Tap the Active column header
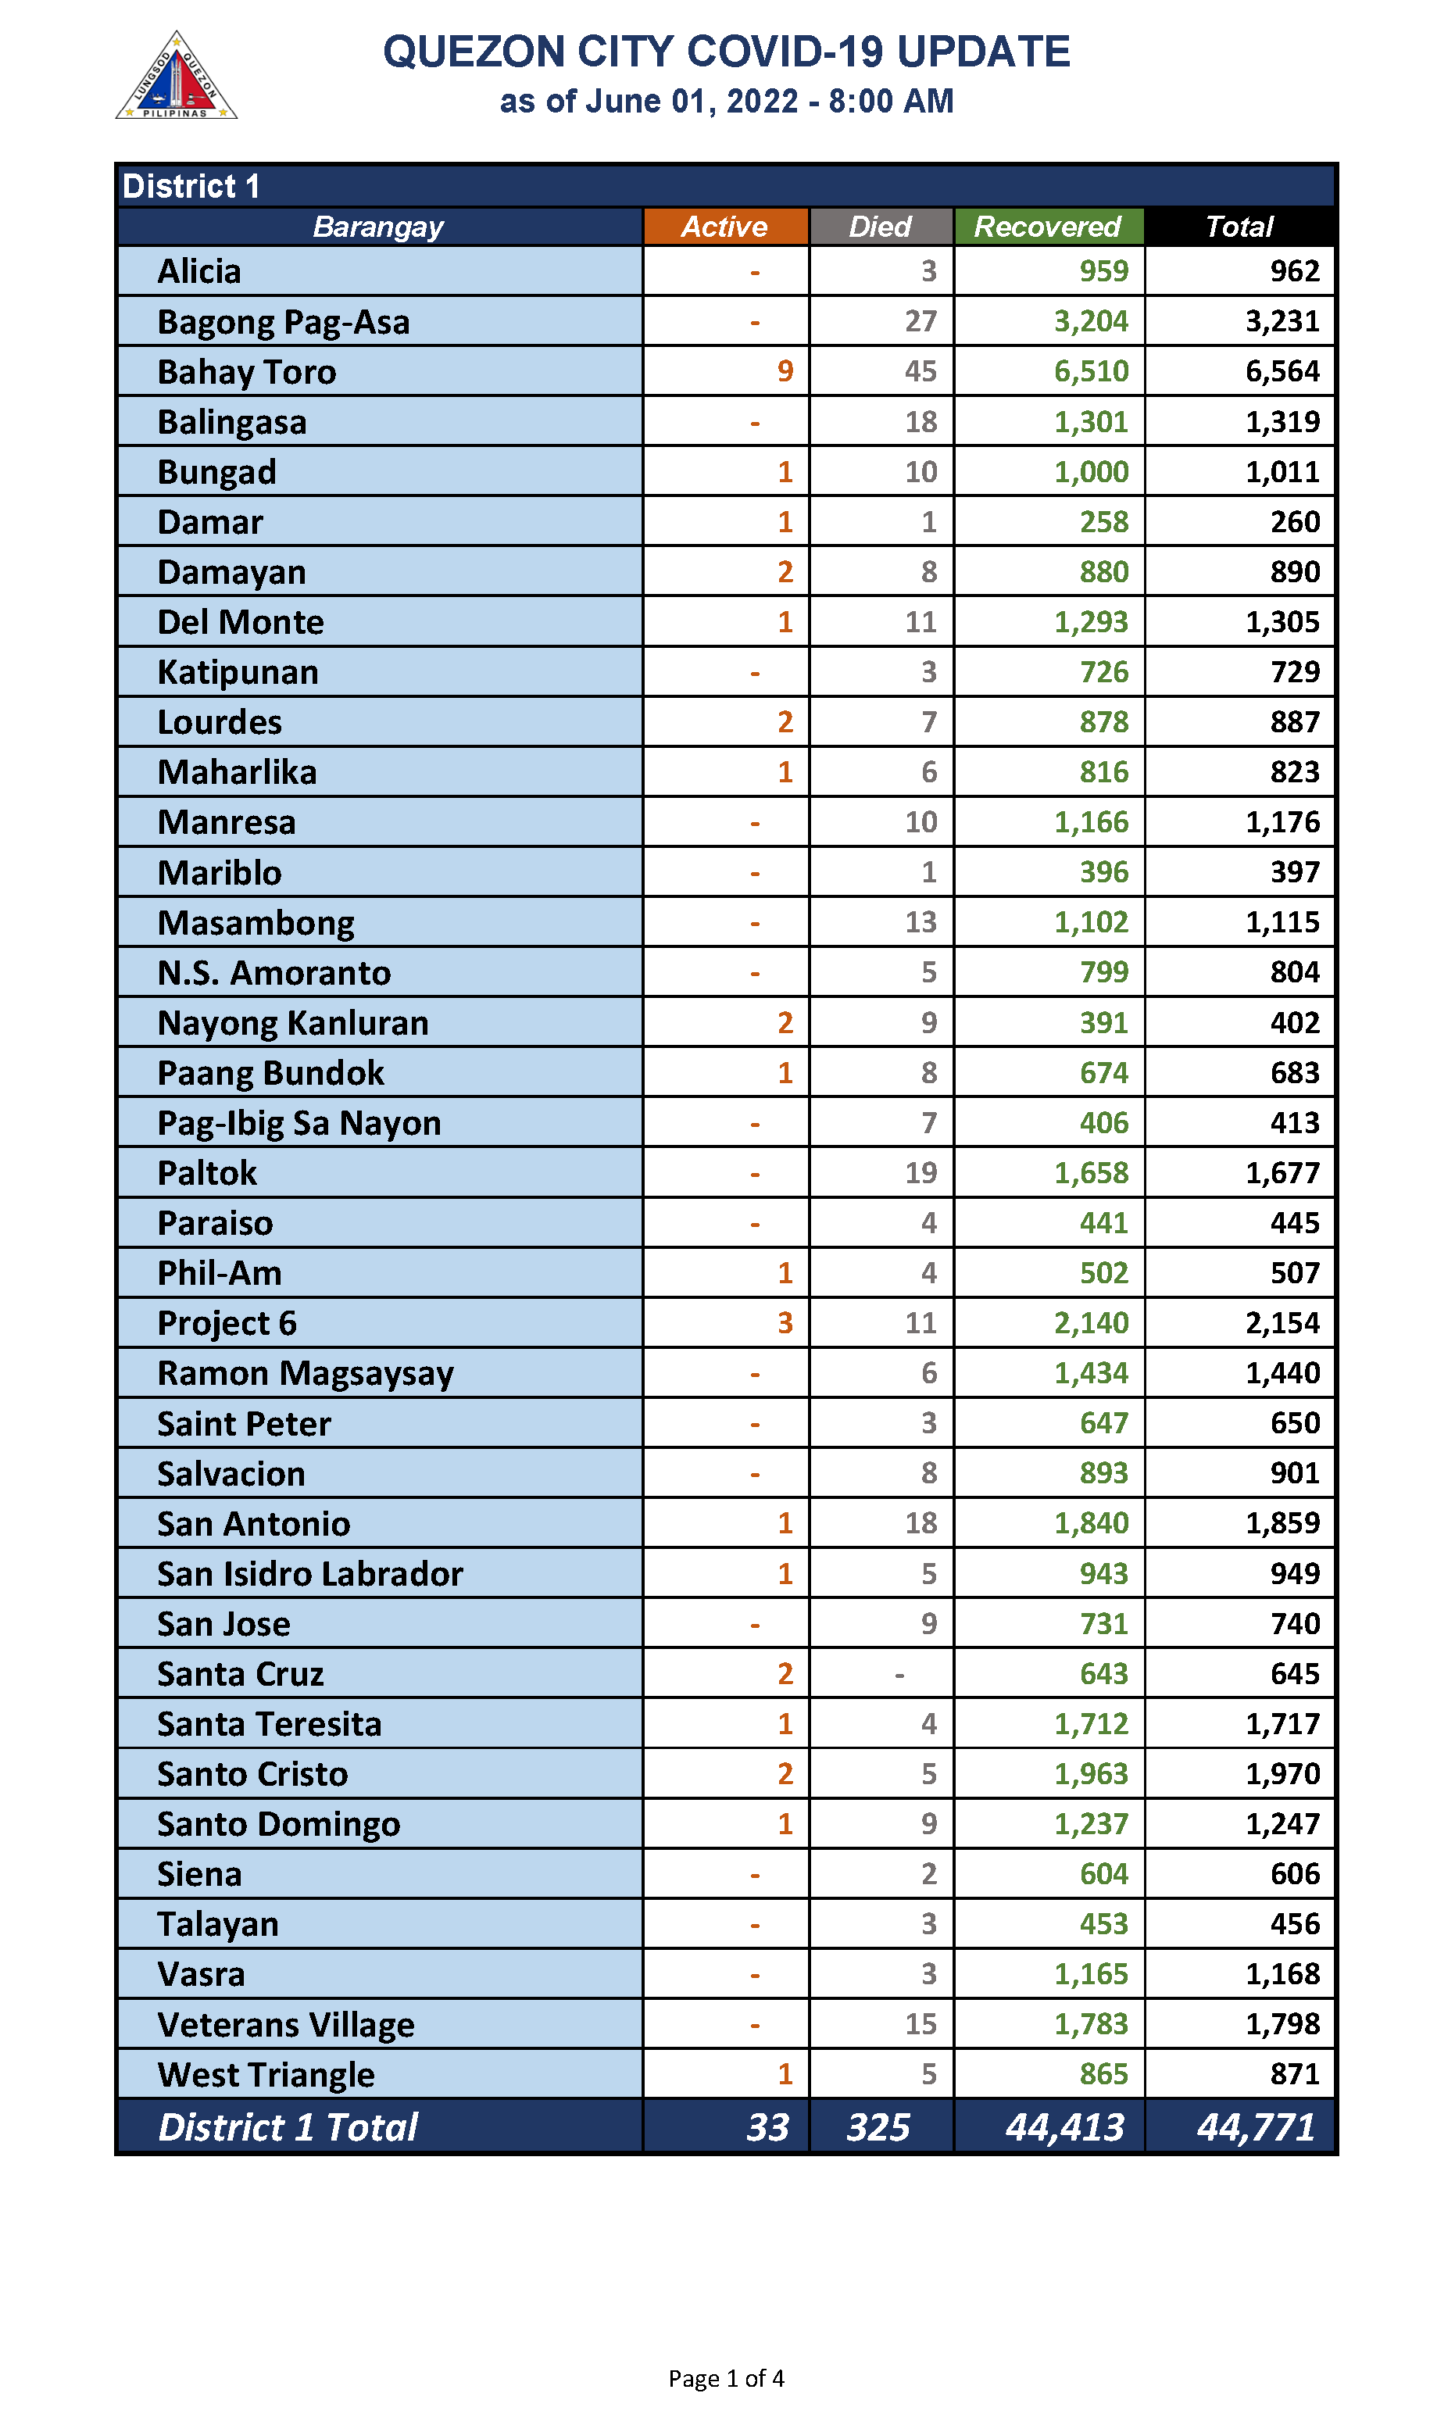coord(724,227)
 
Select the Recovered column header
coord(1047,227)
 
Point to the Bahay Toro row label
coord(247,373)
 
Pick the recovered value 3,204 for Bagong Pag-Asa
coord(1090,322)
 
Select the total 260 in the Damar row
coord(1294,521)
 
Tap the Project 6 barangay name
coord(227,1324)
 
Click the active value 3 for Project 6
coord(785,1323)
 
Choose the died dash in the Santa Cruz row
coord(899,1675)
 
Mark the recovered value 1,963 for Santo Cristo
coord(1090,1774)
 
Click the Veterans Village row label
coord(286,2025)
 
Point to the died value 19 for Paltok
coord(921,1173)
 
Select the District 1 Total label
coord(288,2126)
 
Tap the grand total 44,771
coord(1255,2126)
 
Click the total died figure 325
coord(878,2126)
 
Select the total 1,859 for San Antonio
coord(1282,1522)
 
